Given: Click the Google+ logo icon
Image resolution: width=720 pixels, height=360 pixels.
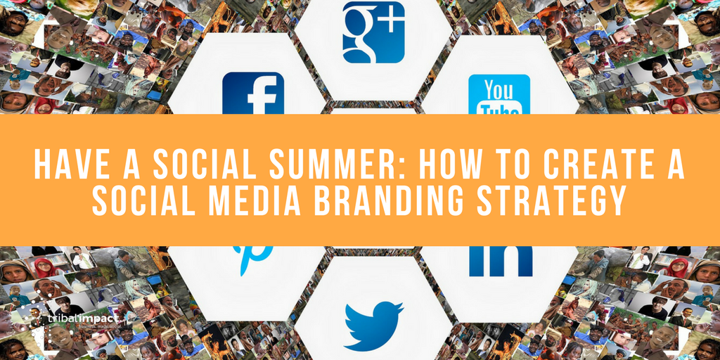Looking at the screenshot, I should coord(373,32).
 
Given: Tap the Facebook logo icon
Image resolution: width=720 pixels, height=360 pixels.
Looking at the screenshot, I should coord(253,93).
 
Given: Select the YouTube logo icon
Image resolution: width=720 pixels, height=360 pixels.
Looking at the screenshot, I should coord(499,94).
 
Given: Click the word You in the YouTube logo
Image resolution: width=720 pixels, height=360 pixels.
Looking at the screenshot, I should coord(499,90).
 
